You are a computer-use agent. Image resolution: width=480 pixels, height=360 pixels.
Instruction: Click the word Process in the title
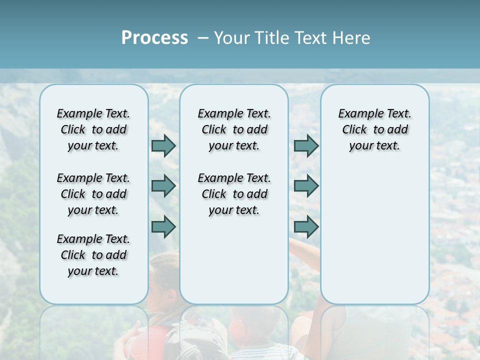pyautogui.click(x=154, y=37)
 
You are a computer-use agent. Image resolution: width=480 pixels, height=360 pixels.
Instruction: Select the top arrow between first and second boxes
pyautogui.click(x=163, y=146)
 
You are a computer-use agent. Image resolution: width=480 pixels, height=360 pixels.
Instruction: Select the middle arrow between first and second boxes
pyautogui.click(x=163, y=186)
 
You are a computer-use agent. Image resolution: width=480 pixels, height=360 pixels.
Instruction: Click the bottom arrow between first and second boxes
pyautogui.click(x=163, y=227)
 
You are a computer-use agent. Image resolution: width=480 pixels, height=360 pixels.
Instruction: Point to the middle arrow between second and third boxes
pyautogui.click(x=306, y=186)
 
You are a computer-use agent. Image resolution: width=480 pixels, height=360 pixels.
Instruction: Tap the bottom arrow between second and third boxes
pyautogui.click(x=306, y=227)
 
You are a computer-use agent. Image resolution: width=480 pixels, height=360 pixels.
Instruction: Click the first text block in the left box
pyautogui.click(x=93, y=129)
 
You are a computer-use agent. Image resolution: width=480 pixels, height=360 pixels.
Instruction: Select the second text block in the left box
pyautogui.click(x=93, y=194)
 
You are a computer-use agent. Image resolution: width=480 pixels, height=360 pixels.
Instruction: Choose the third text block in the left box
pyautogui.click(x=93, y=255)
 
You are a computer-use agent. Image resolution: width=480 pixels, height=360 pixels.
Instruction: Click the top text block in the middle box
pyautogui.click(x=234, y=129)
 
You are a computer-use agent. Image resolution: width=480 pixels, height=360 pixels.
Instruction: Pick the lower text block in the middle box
pyautogui.click(x=234, y=194)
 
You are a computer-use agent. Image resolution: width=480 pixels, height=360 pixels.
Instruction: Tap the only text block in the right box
pyautogui.click(x=374, y=129)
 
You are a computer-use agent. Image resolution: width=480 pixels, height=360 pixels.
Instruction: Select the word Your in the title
pyautogui.click(x=233, y=37)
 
